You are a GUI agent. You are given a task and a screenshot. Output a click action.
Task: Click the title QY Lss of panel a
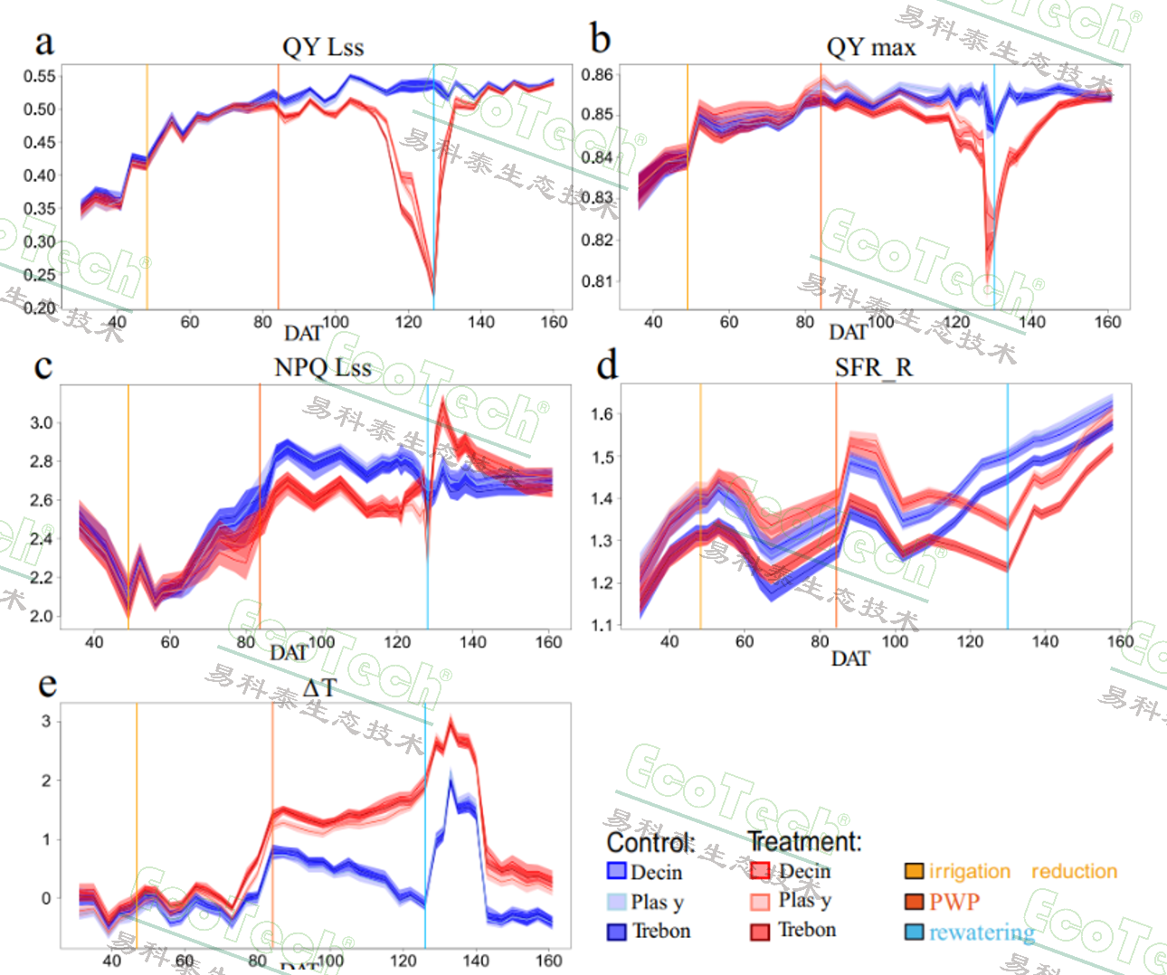pyautogui.click(x=323, y=47)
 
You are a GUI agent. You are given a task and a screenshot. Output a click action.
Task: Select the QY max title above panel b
pyautogui.click(x=870, y=47)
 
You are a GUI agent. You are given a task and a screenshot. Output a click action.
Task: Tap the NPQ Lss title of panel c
pyautogui.click(x=323, y=367)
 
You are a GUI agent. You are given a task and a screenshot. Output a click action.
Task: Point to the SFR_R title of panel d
pyautogui.click(x=873, y=367)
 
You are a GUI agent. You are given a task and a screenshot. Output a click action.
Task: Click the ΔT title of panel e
pyautogui.click(x=318, y=688)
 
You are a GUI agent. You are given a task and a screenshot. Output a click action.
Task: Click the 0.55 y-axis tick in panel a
pyautogui.click(x=39, y=76)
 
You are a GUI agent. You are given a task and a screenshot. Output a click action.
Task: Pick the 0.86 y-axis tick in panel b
pyautogui.click(x=597, y=74)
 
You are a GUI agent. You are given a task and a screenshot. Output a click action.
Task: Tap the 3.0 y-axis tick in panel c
pyautogui.click(x=42, y=422)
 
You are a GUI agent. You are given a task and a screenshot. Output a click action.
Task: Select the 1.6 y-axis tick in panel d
pyautogui.click(x=602, y=414)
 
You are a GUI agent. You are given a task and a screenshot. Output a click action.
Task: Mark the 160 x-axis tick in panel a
pyautogui.click(x=554, y=322)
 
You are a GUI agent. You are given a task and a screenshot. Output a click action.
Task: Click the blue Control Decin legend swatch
pyautogui.click(x=617, y=872)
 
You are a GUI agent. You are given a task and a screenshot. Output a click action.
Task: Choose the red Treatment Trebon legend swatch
pyautogui.click(x=760, y=931)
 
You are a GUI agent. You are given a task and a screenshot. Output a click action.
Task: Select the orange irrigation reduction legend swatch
pyautogui.click(x=915, y=872)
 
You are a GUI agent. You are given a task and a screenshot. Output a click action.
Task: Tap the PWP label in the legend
pyautogui.click(x=954, y=902)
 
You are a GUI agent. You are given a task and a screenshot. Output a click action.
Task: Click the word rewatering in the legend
pyautogui.click(x=982, y=932)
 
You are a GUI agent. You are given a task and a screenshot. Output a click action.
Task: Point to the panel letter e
pyautogui.click(x=47, y=685)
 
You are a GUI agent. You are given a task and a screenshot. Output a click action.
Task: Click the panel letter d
pyautogui.click(x=607, y=364)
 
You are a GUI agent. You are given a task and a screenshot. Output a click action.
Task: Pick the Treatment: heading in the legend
pyautogui.click(x=804, y=842)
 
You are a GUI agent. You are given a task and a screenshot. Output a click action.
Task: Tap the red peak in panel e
pyautogui.click(x=451, y=721)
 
